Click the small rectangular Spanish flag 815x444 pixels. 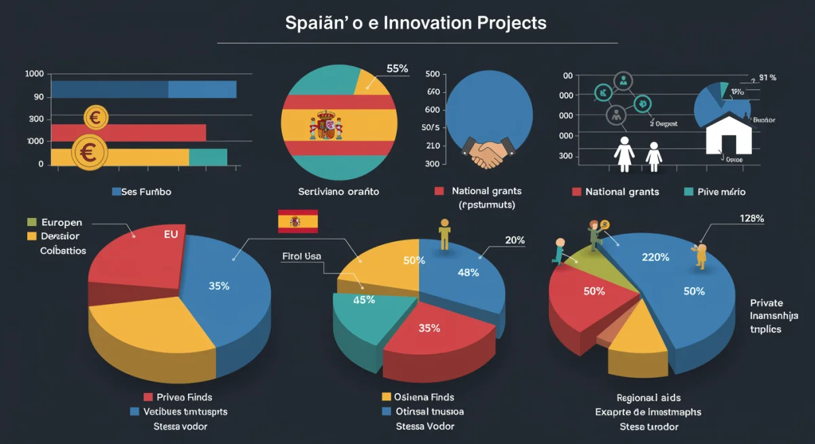[297, 221]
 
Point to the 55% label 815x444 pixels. [397, 69]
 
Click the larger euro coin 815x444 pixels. [88, 152]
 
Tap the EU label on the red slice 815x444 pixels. [172, 236]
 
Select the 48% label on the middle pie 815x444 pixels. [469, 272]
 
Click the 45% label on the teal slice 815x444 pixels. [364, 299]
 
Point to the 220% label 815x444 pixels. [655, 257]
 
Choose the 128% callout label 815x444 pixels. [751, 219]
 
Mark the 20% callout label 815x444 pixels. [515, 240]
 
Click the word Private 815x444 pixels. [766, 303]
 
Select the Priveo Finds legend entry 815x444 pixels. [178, 396]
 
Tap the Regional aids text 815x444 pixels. [648, 397]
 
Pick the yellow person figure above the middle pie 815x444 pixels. [445, 234]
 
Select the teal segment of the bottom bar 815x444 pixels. [208, 157]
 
